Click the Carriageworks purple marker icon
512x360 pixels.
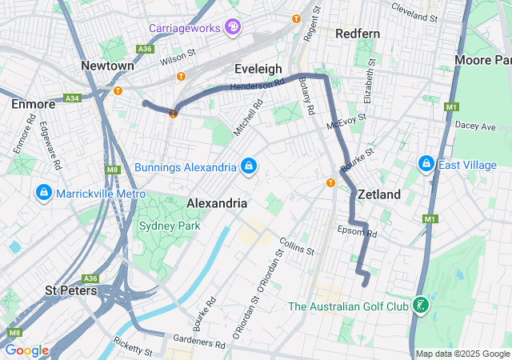pos(233,28)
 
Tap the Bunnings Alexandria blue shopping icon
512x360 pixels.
pos(249,166)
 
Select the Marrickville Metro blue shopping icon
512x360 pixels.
pos(43,194)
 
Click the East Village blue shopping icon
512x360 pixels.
pos(426,165)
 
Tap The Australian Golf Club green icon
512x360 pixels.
pos(420,306)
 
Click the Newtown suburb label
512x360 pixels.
pos(107,65)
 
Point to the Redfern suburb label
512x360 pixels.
pos(358,34)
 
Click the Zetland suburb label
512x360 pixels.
pos(379,194)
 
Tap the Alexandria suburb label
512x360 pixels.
pos(217,203)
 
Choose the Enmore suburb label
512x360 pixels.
pos(33,104)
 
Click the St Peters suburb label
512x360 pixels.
pos(71,290)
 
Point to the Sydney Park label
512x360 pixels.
pos(170,226)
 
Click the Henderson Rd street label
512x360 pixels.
pos(257,85)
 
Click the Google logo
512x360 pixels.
pos(26,350)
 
